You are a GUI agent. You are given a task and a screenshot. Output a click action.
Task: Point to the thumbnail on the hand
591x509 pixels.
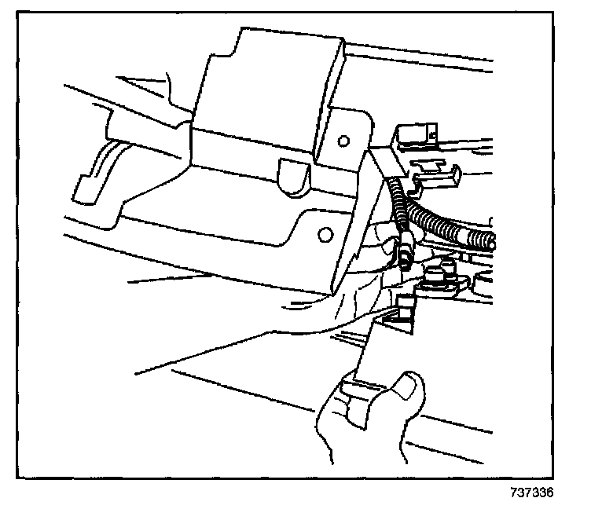(x=408, y=385)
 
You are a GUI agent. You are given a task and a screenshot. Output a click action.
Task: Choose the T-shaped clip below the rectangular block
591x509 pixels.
(x=435, y=167)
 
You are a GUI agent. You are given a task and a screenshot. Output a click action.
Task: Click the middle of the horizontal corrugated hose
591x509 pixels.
(x=448, y=223)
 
